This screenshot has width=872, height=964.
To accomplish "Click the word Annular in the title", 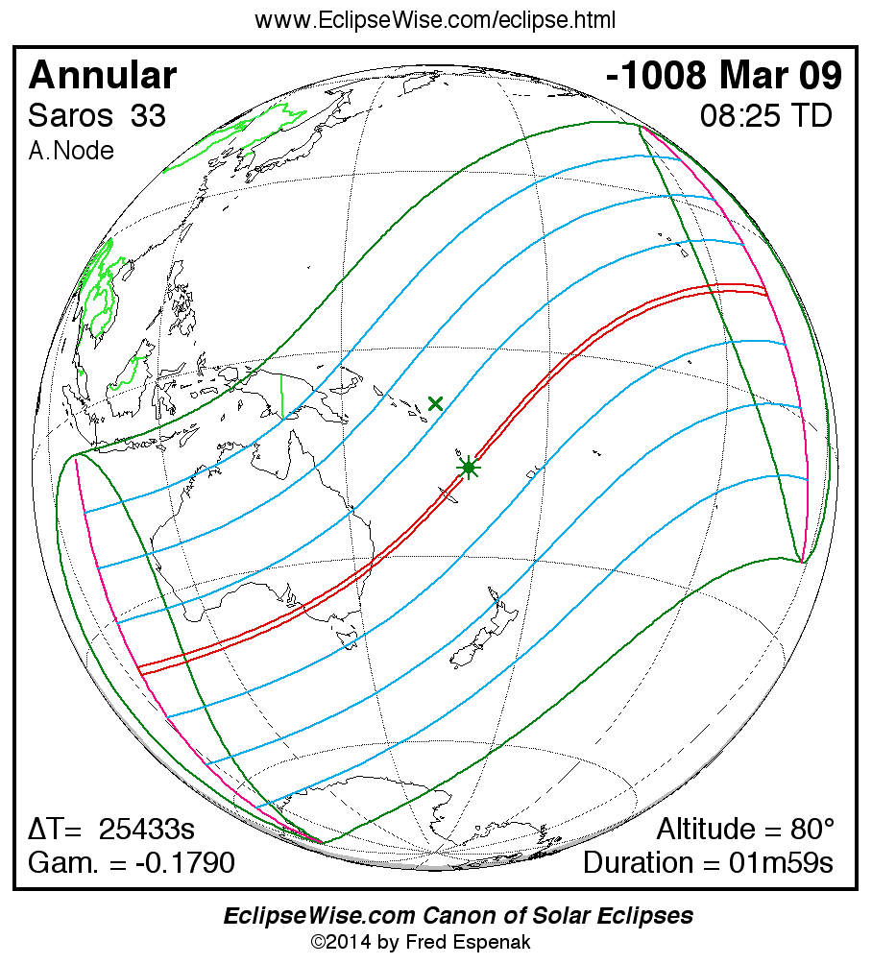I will (103, 76).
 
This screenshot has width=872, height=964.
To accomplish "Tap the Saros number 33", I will (148, 116).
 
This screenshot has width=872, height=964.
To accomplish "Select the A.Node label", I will (71, 151).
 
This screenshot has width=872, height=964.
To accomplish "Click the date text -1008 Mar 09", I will (724, 76).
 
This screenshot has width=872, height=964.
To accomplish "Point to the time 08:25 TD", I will (765, 116).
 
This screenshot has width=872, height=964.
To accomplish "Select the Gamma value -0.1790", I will (185, 862).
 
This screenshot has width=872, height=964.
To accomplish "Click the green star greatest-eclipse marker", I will (469, 468).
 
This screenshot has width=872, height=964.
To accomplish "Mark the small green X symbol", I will (435, 404).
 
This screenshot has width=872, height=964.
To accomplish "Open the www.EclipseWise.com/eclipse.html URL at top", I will (435, 20).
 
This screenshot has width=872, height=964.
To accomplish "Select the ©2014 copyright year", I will (342, 942).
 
